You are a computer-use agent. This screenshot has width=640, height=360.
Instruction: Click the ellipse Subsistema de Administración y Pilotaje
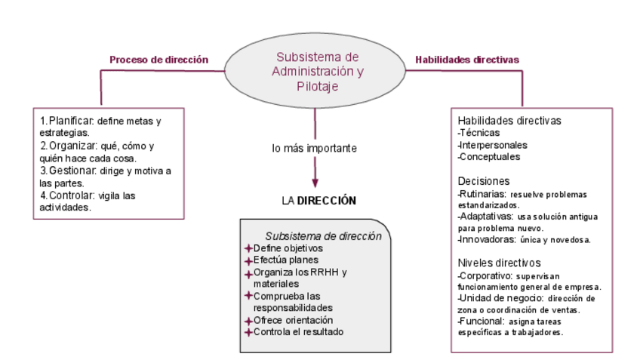click(x=317, y=71)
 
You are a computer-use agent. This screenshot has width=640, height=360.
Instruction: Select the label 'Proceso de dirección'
click(x=158, y=60)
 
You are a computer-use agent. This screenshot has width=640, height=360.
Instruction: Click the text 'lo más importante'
click(x=314, y=148)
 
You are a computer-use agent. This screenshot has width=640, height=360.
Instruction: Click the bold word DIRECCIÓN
click(x=326, y=201)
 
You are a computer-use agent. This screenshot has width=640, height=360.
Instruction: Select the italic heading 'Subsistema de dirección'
click(x=323, y=236)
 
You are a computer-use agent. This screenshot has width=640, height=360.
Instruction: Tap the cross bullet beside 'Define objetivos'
click(x=248, y=248)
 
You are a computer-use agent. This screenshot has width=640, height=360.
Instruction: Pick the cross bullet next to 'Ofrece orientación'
click(x=248, y=320)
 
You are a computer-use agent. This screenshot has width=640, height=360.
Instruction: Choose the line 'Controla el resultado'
click(x=298, y=332)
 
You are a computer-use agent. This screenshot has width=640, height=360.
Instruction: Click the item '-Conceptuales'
click(x=489, y=157)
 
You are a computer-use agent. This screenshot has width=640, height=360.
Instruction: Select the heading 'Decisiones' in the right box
click(x=484, y=181)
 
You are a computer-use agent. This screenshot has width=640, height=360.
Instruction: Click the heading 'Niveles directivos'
click(x=499, y=263)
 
